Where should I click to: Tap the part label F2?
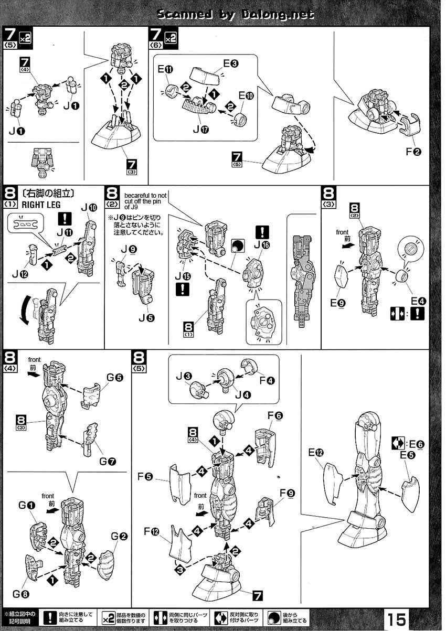(x=414, y=153)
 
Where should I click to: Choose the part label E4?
(x=418, y=301)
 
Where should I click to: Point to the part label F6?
(x=275, y=416)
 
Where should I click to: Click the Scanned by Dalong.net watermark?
(x=236, y=15)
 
